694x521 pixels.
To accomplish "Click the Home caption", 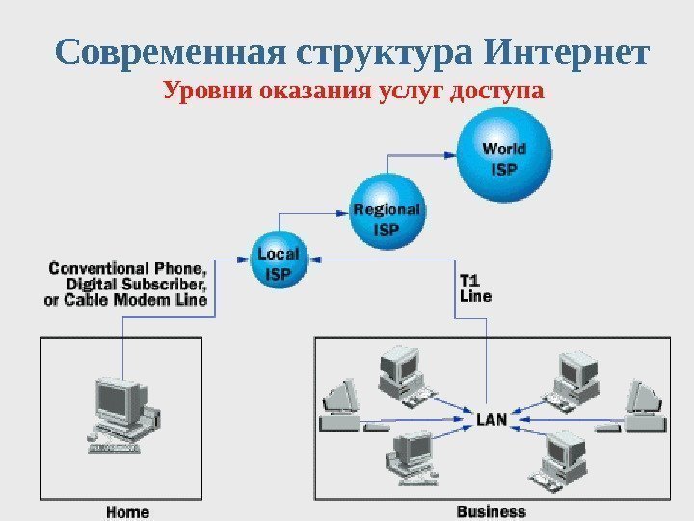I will [x=127, y=511].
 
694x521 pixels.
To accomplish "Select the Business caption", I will [x=492, y=511].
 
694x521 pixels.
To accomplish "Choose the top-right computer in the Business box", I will [x=576, y=373].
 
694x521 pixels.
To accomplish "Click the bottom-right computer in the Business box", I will [x=563, y=455].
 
